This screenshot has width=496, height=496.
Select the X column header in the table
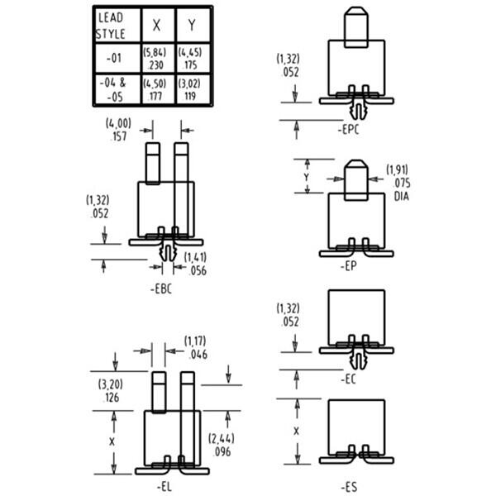[156, 25]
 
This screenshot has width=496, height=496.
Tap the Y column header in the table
[193, 25]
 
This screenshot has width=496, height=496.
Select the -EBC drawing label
[163, 290]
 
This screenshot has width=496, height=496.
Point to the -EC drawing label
[348, 379]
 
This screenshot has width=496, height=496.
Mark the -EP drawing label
[348, 266]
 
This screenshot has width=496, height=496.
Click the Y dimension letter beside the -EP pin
[308, 177]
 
